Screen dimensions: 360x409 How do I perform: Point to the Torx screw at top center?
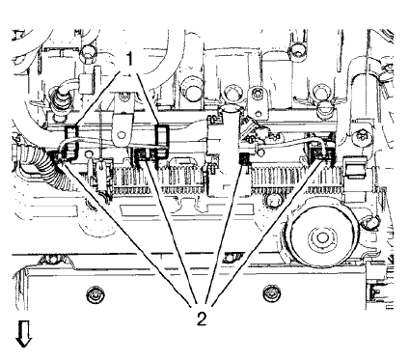pyautogui.click(x=258, y=94)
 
